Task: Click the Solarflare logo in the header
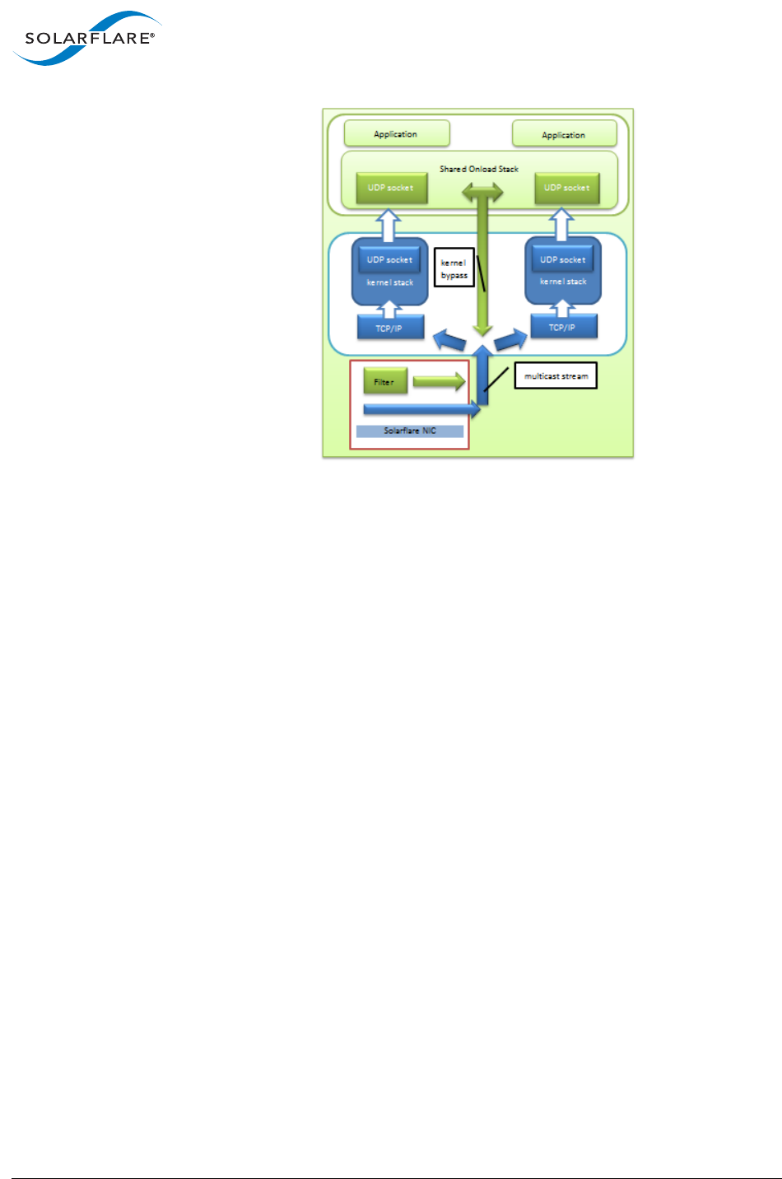pos(86,38)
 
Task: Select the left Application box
pos(397,133)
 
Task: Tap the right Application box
pos(565,134)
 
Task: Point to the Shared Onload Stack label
pos(479,169)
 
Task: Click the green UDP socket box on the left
pos(391,188)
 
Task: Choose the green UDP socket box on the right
pos(567,188)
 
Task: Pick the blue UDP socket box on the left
pos(390,259)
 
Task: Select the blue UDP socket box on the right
pos(563,259)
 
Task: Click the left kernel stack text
pos(390,282)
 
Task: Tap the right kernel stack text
pos(563,282)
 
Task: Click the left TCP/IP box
pos(390,328)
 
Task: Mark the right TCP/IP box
pos(563,327)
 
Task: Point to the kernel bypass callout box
pos(454,268)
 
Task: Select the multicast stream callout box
pos(556,376)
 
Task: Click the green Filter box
pos(384,382)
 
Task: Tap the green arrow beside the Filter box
pos(439,382)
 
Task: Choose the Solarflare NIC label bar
pos(410,431)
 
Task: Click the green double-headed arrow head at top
pos(482,193)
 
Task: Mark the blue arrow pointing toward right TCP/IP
pos(511,338)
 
